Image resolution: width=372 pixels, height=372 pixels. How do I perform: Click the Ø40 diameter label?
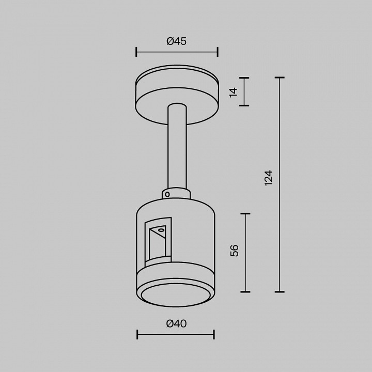[176, 324]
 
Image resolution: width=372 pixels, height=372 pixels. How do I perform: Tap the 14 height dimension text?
[234, 92]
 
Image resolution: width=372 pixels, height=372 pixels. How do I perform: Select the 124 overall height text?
[268, 177]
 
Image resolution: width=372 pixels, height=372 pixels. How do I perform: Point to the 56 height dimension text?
[235, 251]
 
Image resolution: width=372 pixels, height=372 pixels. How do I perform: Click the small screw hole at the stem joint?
[167, 195]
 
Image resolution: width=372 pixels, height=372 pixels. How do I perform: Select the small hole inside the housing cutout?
[161, 229]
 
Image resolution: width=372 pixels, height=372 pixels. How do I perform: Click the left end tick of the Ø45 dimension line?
[136, 52]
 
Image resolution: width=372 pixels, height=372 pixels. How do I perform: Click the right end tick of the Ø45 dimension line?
[218, 52]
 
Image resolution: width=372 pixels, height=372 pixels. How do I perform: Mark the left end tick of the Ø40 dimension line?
[137, 335]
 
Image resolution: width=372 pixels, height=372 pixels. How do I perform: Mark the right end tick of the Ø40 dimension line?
[214, 335]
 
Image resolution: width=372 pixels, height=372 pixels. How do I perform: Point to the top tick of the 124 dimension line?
[280, 78]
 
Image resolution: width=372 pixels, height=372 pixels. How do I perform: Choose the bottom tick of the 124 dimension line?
[280, 291]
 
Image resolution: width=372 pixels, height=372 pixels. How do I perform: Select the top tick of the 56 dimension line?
[245, 213]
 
